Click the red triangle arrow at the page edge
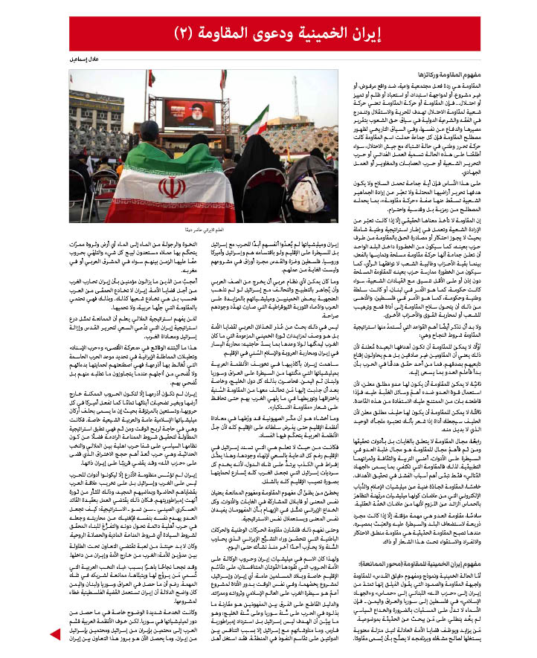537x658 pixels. pyautogui.click(x=54, y=633)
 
